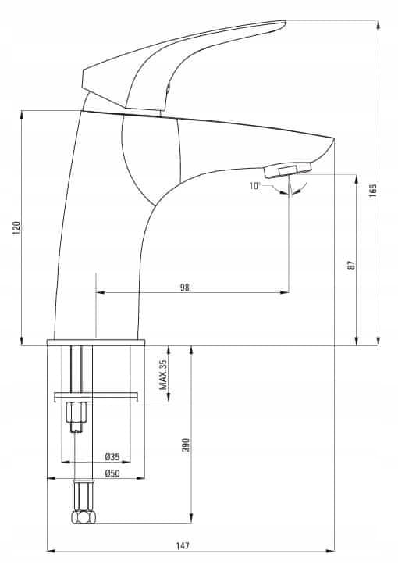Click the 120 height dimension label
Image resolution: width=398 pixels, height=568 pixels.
point(16,227)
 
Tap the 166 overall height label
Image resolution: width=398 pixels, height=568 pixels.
point(372,191)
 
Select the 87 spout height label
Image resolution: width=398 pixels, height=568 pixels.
point(351,264)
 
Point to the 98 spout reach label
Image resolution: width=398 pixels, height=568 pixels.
point(184,288)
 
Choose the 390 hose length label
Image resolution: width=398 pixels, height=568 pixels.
point(186,445)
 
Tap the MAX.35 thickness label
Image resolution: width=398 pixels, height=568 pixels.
point(164,374)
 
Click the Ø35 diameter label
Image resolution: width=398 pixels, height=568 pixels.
point(112,456)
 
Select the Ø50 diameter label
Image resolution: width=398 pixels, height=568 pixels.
point(112,473)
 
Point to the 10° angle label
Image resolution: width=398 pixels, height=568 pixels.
point(255,186)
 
